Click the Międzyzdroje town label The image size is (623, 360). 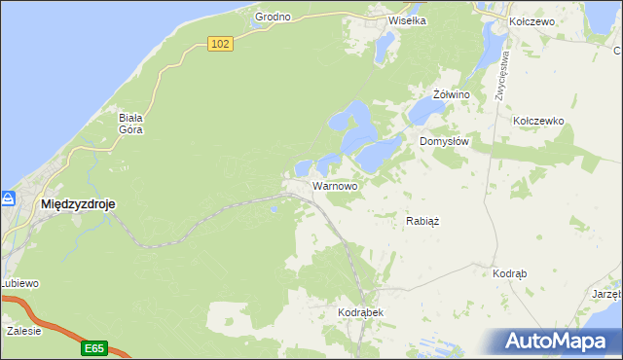[x=78, y=204]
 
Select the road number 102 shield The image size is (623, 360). [x=221, y=44]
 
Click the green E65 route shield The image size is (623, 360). [x=94, y=347]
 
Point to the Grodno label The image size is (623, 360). [x=274, y=18]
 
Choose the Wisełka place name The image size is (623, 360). [x=409, y=19]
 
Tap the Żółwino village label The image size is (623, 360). [x=452, y=94]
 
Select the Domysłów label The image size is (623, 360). [x=445, y=141]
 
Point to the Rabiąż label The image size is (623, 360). [x=422, y=221]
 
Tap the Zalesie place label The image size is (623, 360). [x=23, y=331]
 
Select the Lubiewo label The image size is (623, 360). [x=18, y=283]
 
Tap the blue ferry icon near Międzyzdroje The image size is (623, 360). [x=7, y=198]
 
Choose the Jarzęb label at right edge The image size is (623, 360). [x=605, y=292]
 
